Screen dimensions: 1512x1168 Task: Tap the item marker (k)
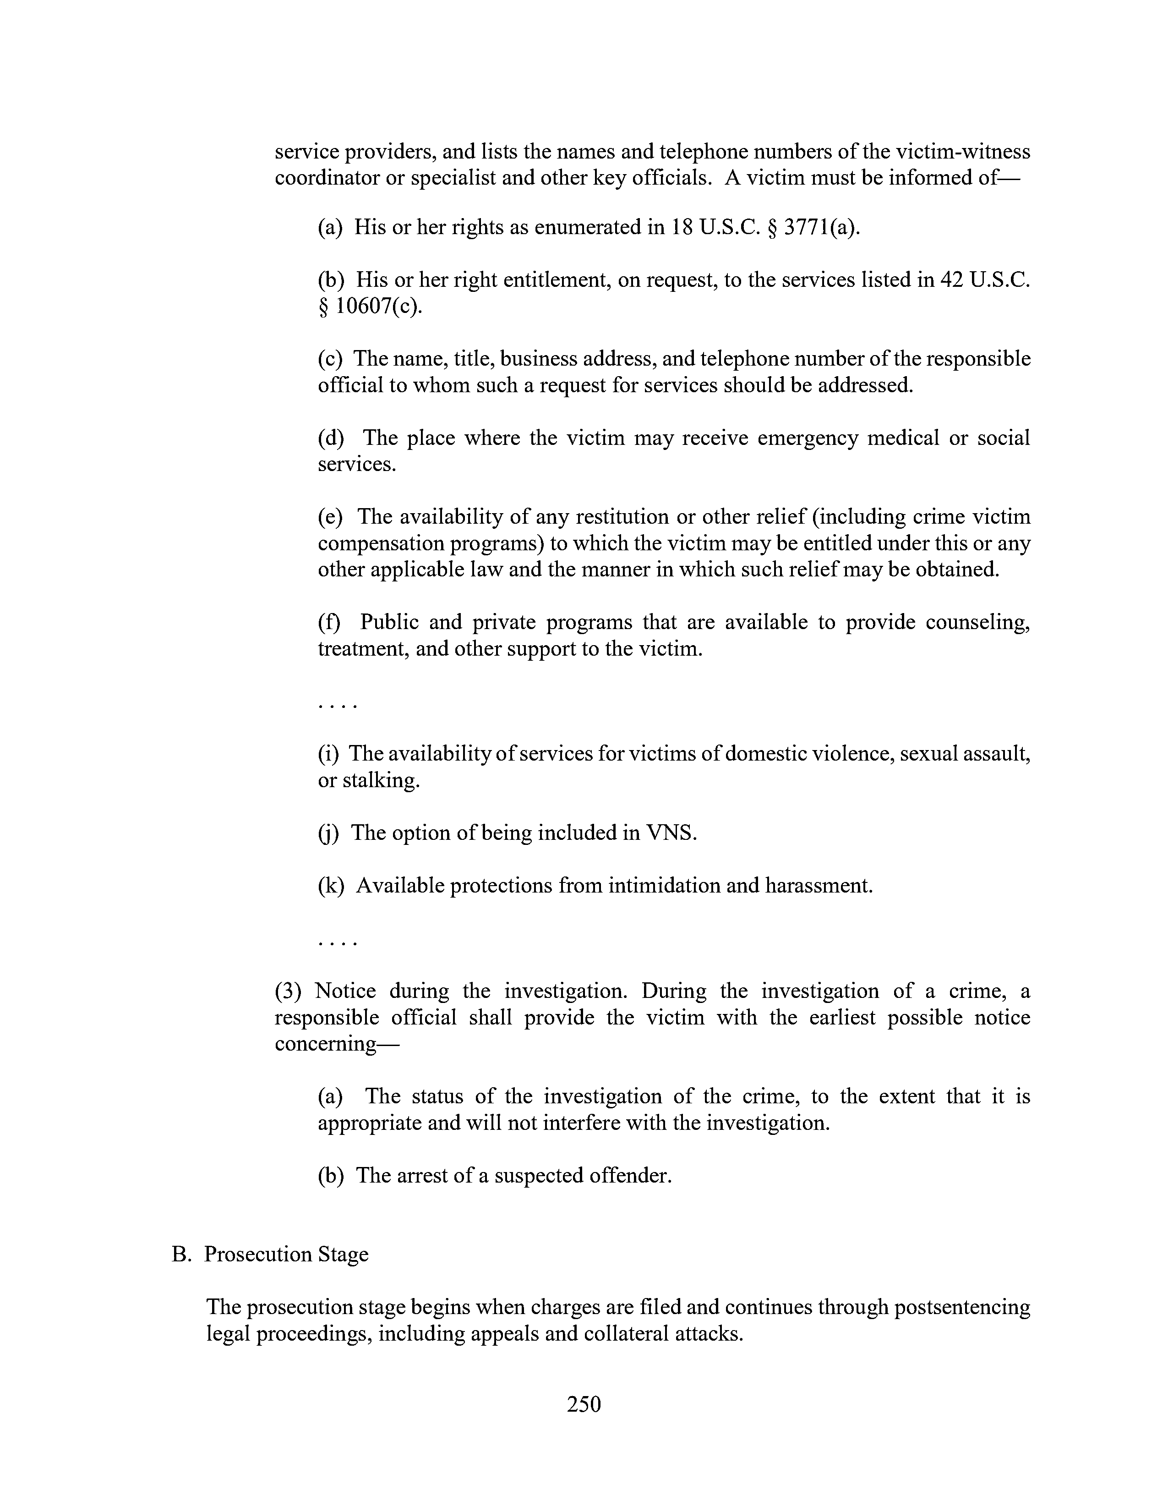pos(331,886)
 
